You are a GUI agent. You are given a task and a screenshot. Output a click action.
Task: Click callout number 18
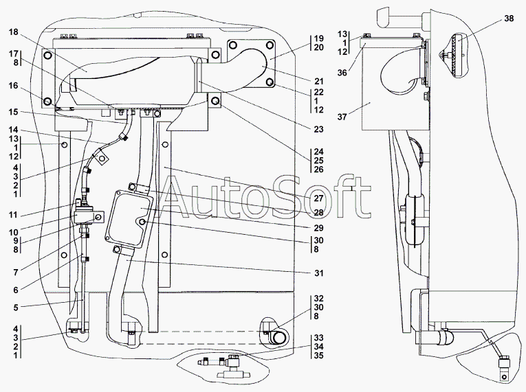pyautogui.click(x=14, y=32)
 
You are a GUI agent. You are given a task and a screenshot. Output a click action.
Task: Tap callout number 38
pyautogui.click(x=509, y=19)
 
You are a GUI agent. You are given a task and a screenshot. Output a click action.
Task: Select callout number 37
pyautogui.click(x=342, y=117)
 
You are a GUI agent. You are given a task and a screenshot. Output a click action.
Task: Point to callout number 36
pyautogui.click(x=342, y=72)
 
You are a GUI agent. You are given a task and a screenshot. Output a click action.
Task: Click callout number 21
pyautogui.click(x=318, y=81)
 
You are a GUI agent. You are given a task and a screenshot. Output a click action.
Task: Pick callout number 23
pyautogui.click(x=318, y=129)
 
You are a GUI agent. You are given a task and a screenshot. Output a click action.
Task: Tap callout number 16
pyautogui.click(x=14, y=86)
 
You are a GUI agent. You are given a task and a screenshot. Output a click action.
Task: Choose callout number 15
pyautogui.click(x=14, y=112)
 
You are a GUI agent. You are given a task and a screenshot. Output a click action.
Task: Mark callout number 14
pyautogui.click(x=14, y=130)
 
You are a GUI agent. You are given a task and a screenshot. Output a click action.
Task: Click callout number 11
pyautogui.click(x=13, y=214)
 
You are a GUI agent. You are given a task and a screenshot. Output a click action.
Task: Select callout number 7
pyautogui.click(x=16, y=273)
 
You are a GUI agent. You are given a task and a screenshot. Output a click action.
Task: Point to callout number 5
pyautogui.click(x=16, y=308)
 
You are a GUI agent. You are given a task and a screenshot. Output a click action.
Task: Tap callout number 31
pyautogui.click(x=318, y=273)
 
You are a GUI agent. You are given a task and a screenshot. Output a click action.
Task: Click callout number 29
pyautogui.click(x=318, y=228)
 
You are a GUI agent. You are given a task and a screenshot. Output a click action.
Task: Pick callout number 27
pyautogui.click(x=318, y=198)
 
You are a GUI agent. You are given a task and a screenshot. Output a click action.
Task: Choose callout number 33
pyautogui.click(x=318, y=337)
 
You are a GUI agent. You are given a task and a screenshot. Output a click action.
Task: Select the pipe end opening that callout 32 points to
pyautogui.click(x=278, y=338)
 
